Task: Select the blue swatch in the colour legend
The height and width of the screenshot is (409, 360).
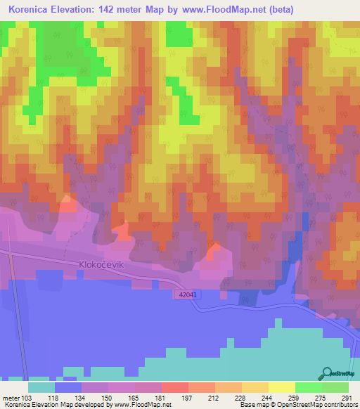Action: coord(67,387)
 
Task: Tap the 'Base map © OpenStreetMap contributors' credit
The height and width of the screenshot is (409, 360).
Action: coord(297,405)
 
